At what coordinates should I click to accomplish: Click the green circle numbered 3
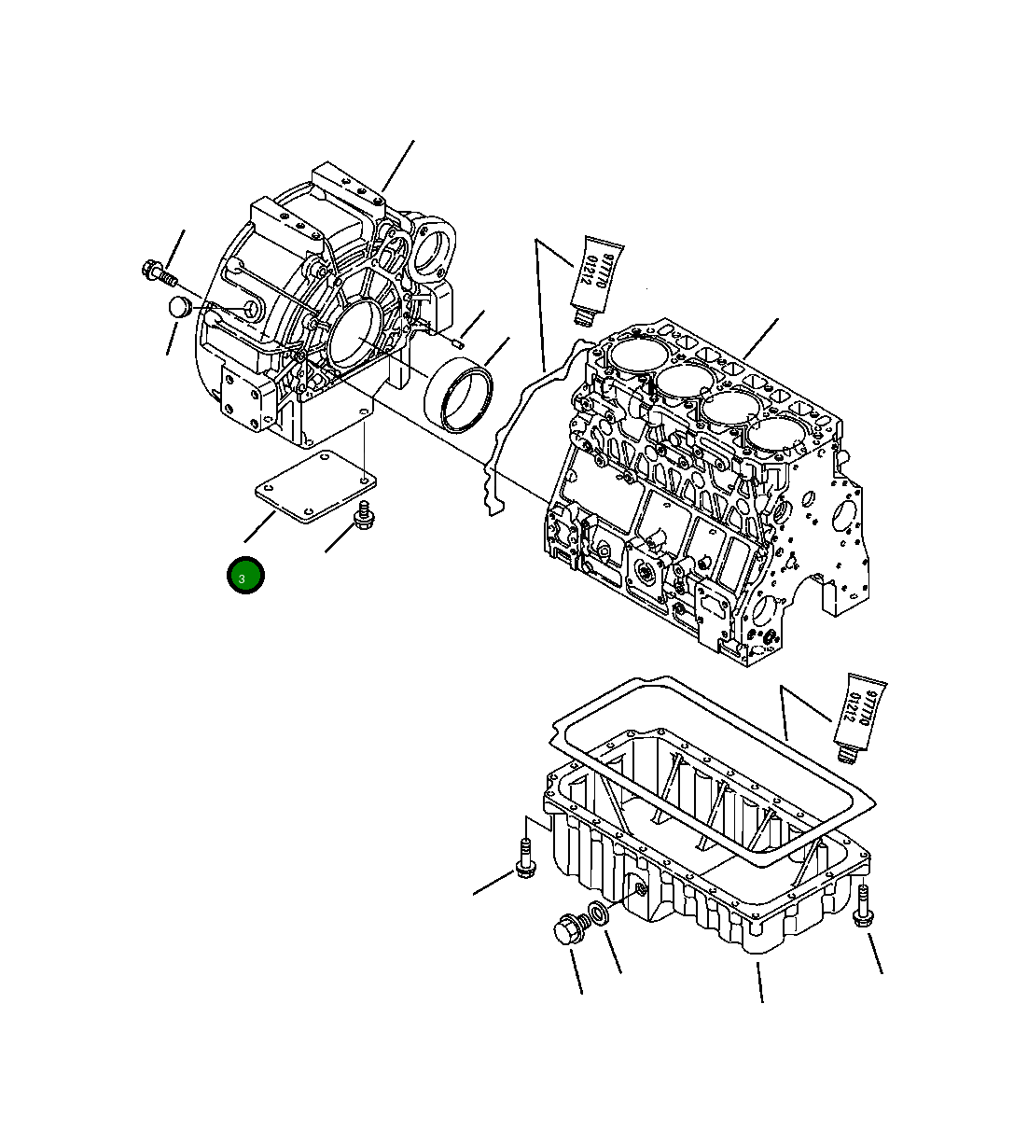245,576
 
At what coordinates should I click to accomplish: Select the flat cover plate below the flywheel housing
316,485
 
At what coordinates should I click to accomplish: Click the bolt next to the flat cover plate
364,516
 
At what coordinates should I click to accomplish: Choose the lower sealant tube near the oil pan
860,713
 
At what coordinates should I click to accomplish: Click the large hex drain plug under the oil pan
568,931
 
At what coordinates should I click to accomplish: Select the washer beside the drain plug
599,916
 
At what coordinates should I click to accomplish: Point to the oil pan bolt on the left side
525,858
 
